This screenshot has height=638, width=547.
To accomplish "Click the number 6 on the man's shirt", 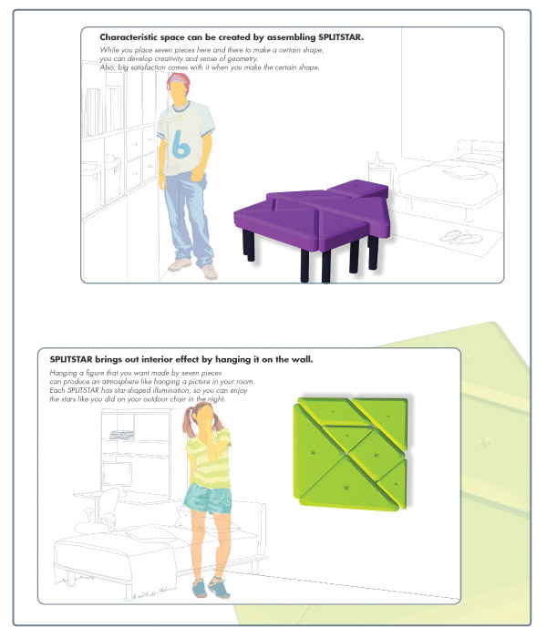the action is coord(181,145).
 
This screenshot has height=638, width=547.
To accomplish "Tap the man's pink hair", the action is coord(179,80).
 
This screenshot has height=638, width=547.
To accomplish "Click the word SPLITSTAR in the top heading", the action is coord(339,37).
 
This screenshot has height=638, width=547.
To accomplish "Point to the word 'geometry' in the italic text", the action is coord(243,59).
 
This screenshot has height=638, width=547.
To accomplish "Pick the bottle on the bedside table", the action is coord(377,159).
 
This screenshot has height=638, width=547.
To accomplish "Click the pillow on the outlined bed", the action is coord(463,172).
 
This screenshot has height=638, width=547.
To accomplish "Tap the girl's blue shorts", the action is coord(208,499).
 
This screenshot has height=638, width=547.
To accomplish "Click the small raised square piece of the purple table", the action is coord(357,189).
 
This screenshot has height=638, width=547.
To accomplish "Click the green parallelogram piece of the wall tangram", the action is coord(335,412).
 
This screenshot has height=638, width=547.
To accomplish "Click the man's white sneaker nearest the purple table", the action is coord(209,272).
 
